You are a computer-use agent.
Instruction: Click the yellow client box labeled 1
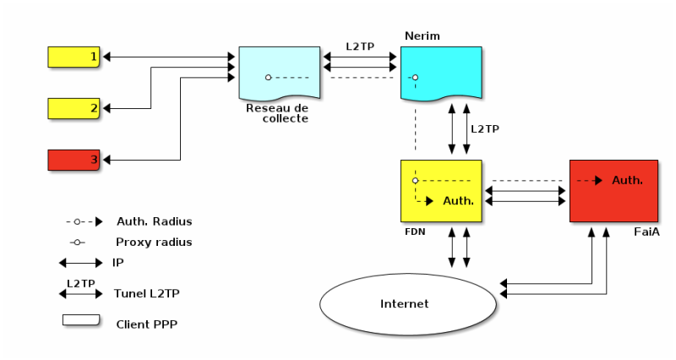coord(74,57)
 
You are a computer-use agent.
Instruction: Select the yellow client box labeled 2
coord(74,108)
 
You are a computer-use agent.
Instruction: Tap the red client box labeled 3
coord(74,159)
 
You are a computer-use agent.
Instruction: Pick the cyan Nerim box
coord(440,73)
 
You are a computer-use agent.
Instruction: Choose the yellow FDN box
coord(440,190)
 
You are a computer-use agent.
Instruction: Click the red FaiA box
coord(613,190)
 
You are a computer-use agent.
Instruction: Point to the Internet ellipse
coord(406,303)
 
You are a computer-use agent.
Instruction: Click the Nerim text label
coord(422,36)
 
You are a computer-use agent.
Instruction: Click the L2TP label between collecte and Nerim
coord(360,46)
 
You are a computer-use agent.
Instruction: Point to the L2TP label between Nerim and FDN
coord(485,129)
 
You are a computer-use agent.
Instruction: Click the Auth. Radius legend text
coord(154,221)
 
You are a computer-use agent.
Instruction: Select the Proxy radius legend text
coord(154,242)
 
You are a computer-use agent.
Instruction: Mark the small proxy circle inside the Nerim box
coord(415,78)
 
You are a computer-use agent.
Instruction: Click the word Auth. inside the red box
coord(627,180)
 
